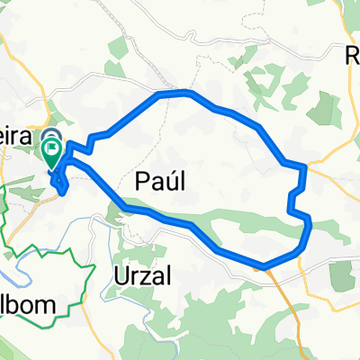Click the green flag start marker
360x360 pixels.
53,155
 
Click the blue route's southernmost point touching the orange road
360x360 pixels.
264,265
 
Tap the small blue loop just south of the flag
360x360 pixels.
61,184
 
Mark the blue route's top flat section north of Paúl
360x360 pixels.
173,93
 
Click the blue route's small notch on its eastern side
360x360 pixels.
292,200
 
